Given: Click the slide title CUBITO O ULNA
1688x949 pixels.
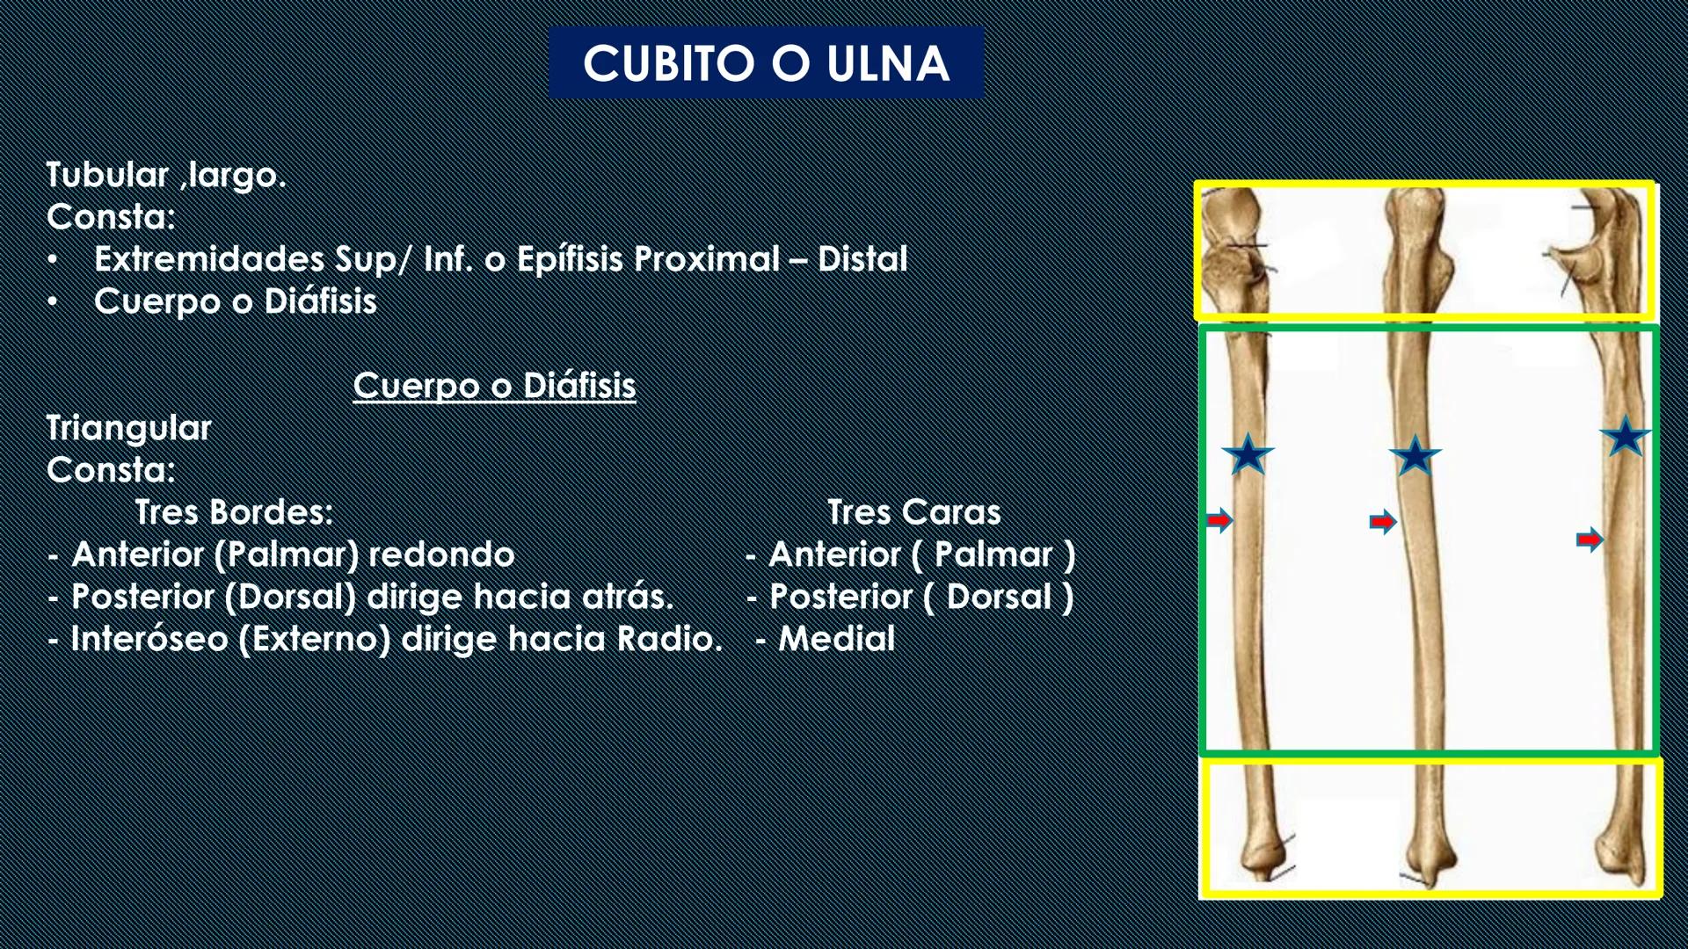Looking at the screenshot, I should click(766, 63).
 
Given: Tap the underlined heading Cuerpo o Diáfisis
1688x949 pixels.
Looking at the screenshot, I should click(494, 386).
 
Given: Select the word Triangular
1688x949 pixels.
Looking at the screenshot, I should click(128, 428).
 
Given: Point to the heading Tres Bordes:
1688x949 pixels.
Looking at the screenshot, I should click(234, 512).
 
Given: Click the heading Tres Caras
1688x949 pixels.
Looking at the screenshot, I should click(913, 512).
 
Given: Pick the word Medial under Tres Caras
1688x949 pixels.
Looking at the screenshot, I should click(836, 639).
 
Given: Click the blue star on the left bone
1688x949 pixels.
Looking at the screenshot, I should click(1248, 454).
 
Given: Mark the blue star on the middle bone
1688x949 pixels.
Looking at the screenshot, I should click(1415, 456).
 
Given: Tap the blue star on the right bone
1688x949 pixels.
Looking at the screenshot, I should click(1625, 437).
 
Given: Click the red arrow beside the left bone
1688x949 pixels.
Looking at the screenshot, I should click(1219, 520).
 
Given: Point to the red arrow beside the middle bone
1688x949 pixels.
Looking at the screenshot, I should click(1383, 523).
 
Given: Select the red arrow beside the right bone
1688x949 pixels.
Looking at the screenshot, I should click(1590, 540).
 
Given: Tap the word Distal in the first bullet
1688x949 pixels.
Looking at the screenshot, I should click(862, 259).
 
